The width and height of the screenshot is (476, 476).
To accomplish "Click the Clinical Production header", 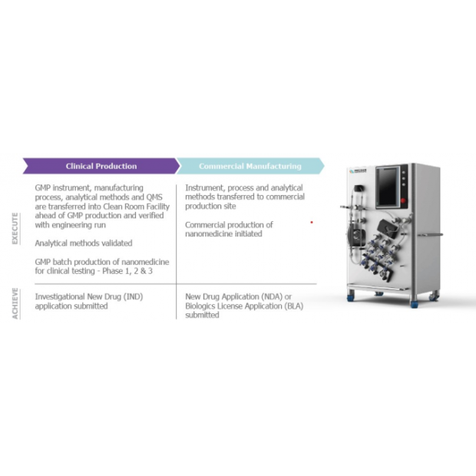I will tap(101, 166).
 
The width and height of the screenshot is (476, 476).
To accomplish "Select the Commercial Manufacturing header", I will tap(250, 166).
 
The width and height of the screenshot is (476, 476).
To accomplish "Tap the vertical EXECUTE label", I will tap(15, 228).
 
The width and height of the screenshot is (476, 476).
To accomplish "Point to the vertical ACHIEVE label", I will tap(15, 304).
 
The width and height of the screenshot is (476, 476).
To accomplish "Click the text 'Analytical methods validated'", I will tap(84, 243).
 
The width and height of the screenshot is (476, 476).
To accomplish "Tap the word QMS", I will tap(159, 197).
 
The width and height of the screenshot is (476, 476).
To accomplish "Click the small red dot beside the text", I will tap(311, 223).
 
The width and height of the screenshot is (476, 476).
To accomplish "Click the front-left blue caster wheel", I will tap(351, 296).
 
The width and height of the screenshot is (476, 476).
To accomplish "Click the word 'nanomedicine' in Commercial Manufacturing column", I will tap(210, 234).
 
